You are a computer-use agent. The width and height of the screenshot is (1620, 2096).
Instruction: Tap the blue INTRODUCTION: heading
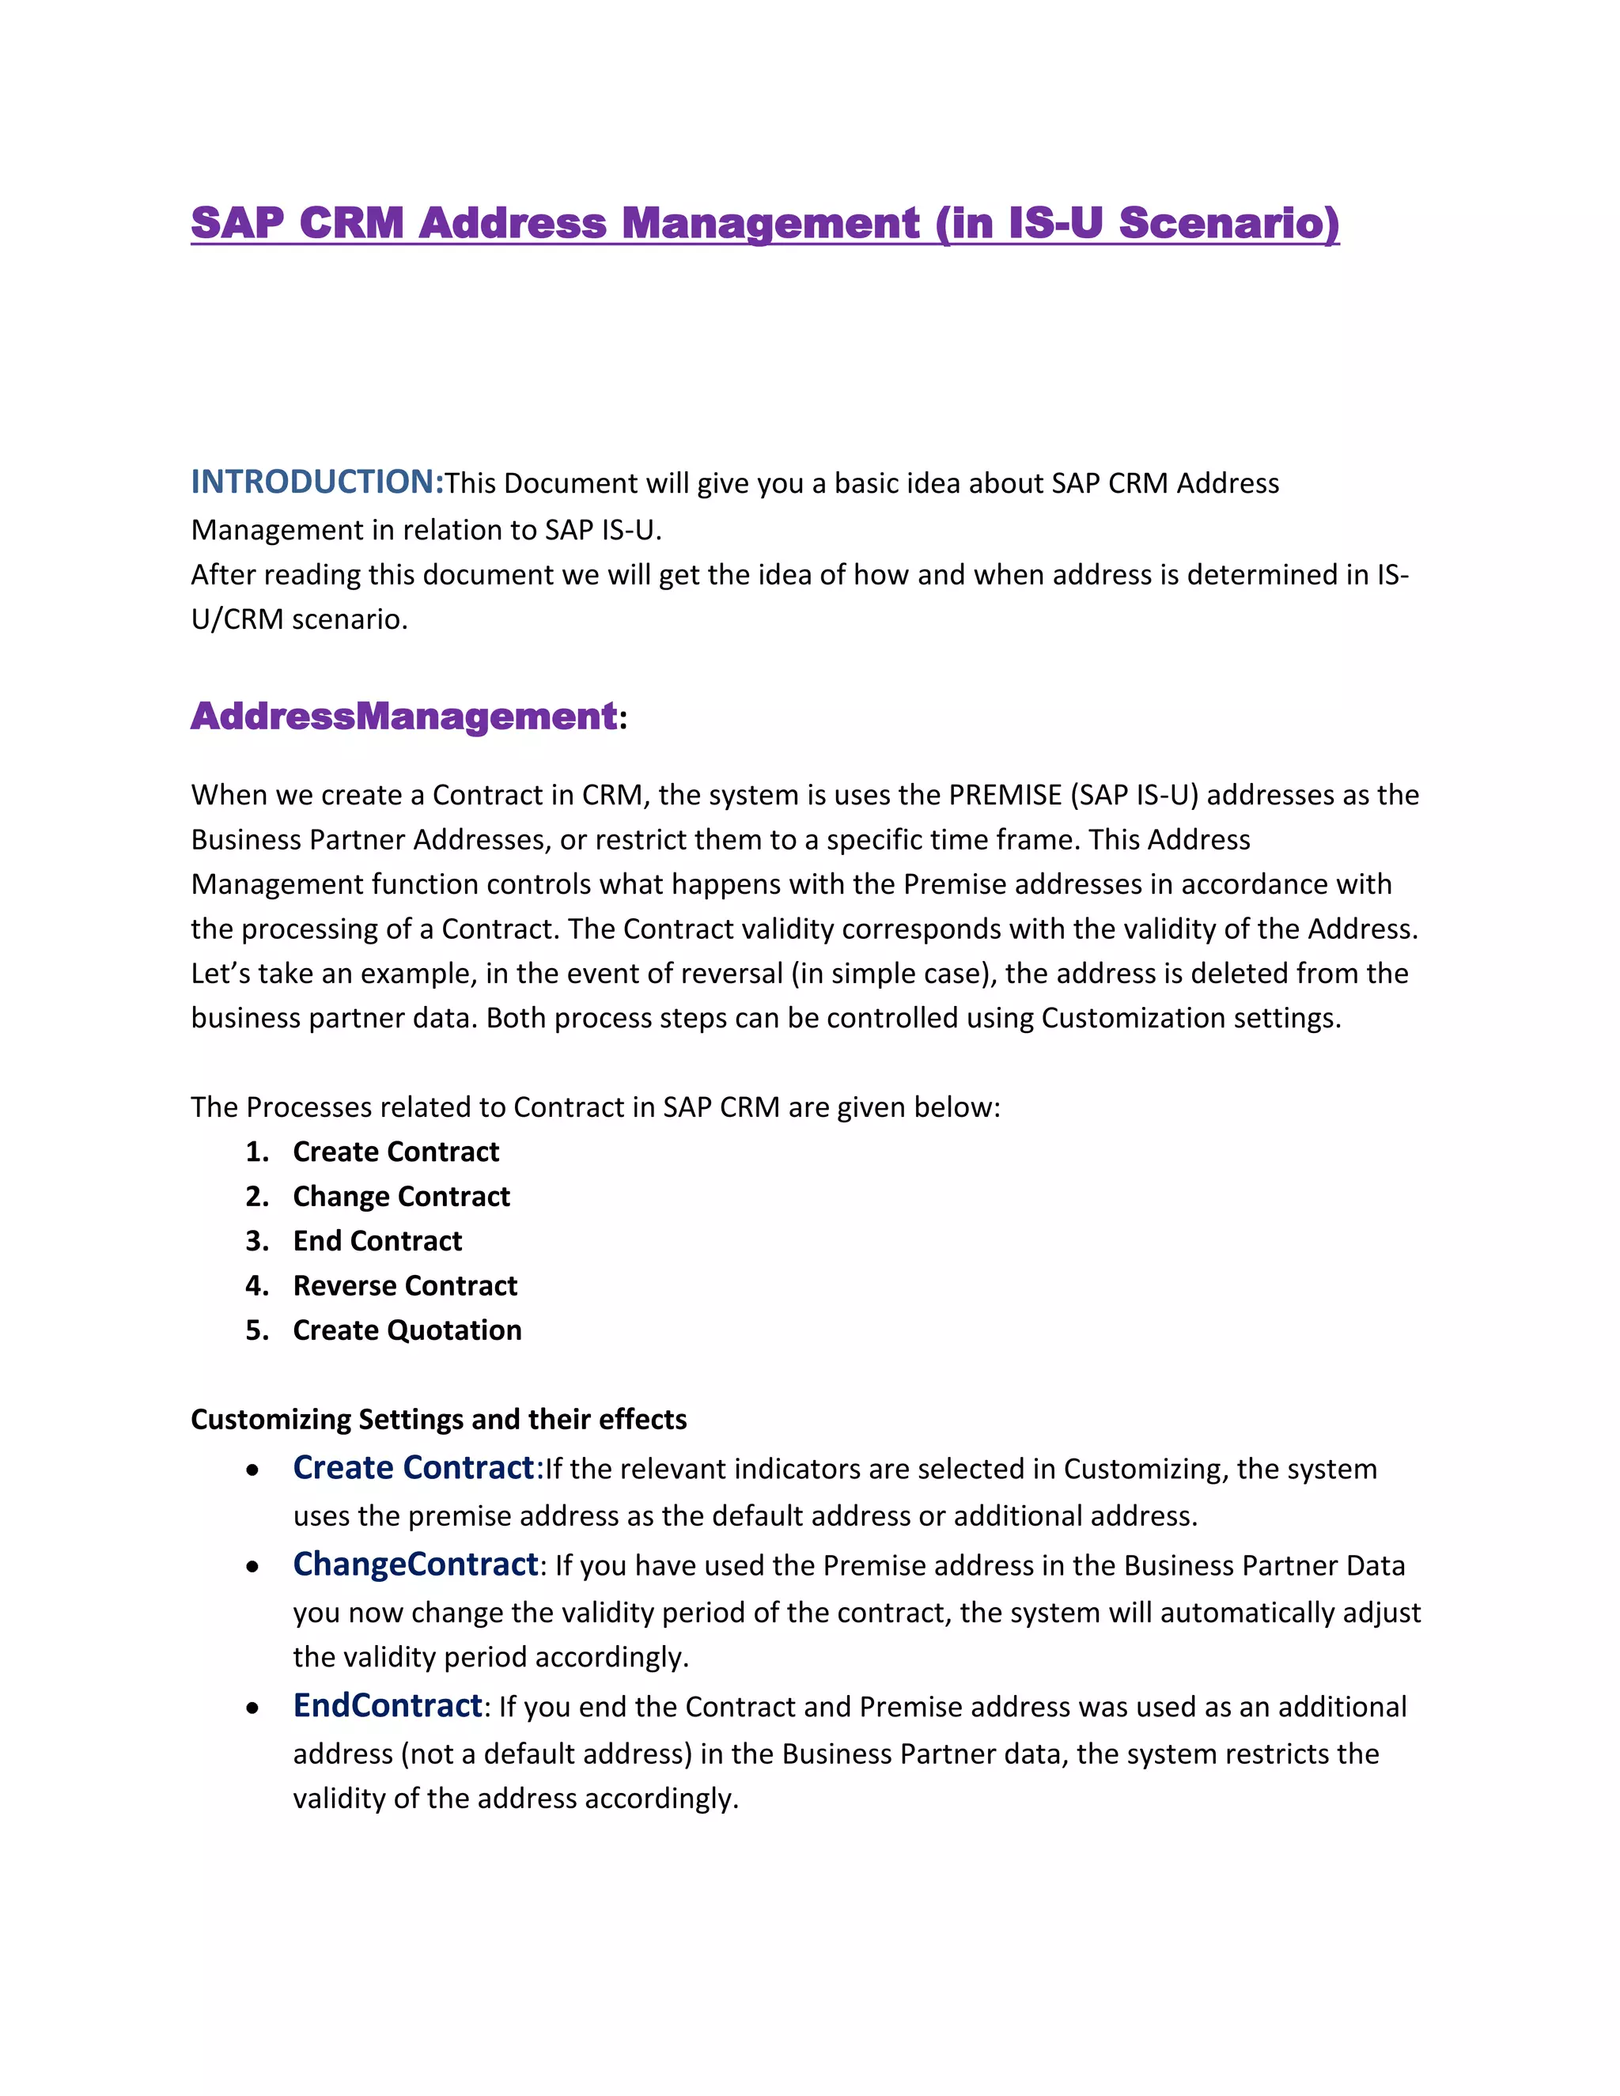tap(316, 482)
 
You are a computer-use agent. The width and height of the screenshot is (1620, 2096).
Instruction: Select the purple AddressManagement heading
tap(404, 716)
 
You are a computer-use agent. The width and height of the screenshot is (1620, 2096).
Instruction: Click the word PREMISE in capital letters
tap(1005, 795)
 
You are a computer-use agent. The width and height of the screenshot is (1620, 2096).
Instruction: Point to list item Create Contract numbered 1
tap(396, 1152)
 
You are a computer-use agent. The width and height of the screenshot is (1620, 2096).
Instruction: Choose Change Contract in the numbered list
tap(401, 1197)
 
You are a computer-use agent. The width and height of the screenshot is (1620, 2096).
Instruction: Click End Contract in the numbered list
tap(377, 1241)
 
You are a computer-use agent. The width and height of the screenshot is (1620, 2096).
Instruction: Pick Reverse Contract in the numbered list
tap(405, 1286)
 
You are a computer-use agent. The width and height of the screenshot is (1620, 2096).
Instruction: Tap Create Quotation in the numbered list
tap(407, 1330)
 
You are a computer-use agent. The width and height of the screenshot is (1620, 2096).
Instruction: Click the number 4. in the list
tap(256, 1286)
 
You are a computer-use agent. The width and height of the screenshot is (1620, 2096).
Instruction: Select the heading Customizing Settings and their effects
tap(438, 1420)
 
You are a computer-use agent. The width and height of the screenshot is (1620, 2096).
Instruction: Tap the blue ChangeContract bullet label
tap(414, 1564)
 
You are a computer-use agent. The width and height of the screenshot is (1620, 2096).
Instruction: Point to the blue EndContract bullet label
tap(387, 1705)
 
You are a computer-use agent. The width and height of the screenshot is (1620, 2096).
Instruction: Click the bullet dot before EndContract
tap(252, 1708)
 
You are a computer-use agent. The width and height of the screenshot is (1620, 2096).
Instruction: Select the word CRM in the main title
tap(351, 223)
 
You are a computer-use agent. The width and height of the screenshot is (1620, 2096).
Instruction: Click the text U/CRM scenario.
tap(300, 620)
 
